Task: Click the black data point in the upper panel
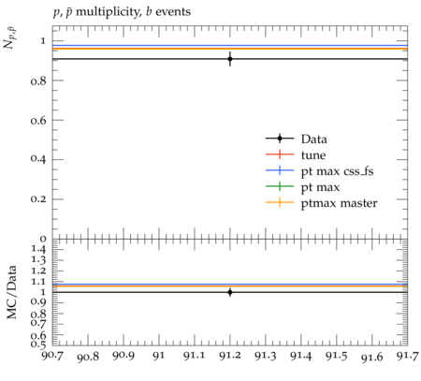coord(230,59)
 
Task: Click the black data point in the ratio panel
coord(230,292)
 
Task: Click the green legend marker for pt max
coord(280,186)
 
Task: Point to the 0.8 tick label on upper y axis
coord(38,81)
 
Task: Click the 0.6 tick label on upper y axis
coord(38,121)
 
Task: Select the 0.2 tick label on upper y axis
coord(38,199)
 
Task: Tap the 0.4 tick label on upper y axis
coord(38,159)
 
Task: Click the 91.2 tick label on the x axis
coord(230,356)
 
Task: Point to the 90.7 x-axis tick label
coord(52,356)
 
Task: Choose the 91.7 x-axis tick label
coord(407,356)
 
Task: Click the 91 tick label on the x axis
coord(159,356)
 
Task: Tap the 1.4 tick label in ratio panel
coord(38,249)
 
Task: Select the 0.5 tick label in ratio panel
coord(38,344)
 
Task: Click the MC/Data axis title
coord(11,292)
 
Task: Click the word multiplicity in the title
coord(108,12)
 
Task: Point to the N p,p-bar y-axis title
coord(10,38)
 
